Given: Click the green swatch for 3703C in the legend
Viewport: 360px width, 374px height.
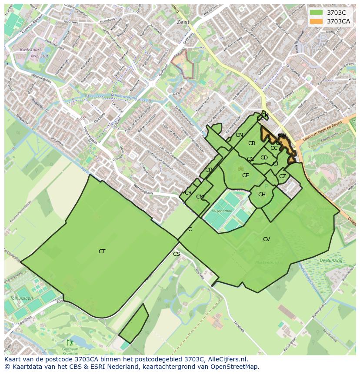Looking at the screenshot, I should pos(316,13).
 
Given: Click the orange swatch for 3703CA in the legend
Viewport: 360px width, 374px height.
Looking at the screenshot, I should pos(316,21).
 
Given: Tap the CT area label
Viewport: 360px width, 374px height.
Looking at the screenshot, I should pos(102,252).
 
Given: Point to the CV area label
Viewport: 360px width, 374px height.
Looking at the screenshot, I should pos(267,239).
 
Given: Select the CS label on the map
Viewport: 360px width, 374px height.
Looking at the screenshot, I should pos(177,254).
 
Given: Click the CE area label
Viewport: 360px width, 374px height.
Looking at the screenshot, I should pos(246,175).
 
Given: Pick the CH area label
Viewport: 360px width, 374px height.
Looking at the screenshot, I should pos(262,195).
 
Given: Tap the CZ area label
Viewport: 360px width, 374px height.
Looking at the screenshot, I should pos(283,176).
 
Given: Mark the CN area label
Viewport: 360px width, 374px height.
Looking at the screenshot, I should pos(239,135).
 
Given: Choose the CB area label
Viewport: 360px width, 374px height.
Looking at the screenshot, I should pos(252,143).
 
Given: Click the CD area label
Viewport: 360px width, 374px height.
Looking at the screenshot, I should pos(264,158).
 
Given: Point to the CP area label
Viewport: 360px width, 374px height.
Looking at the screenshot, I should pos(209,170).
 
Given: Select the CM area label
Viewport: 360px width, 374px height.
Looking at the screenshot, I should pos(200,197).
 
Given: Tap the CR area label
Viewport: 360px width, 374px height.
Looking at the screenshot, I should pos(188,193).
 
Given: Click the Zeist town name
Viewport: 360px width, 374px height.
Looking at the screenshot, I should pos(183,22).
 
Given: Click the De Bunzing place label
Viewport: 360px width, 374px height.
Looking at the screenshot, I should pos(331,260).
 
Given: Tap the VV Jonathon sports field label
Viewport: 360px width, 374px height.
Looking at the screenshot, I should pos(222,211).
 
